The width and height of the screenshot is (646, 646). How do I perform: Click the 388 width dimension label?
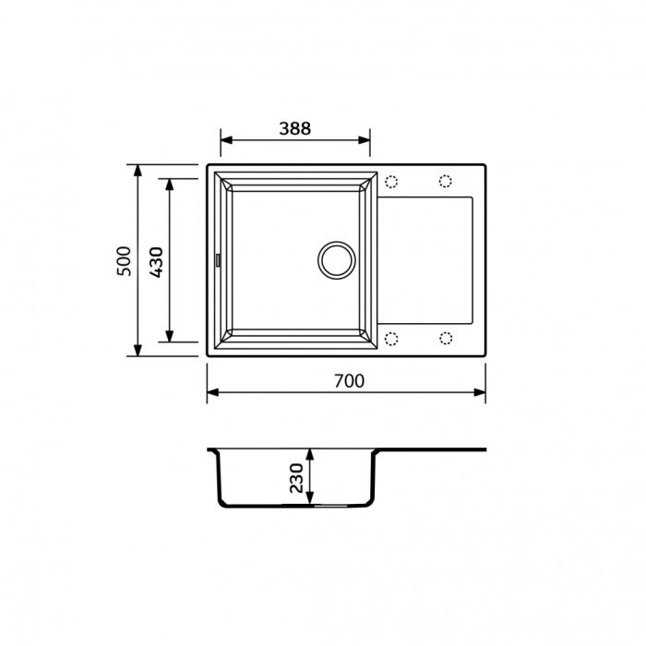[295, 128]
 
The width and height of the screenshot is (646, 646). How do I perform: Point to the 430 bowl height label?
[156, 261]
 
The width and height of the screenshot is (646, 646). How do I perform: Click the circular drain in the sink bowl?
[334, 259]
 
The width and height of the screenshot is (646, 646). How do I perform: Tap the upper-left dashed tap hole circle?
[390, 181]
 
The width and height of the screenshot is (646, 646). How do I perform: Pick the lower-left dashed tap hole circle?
[390, 338]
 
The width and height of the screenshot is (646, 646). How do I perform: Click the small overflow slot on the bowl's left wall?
[218, 260]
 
